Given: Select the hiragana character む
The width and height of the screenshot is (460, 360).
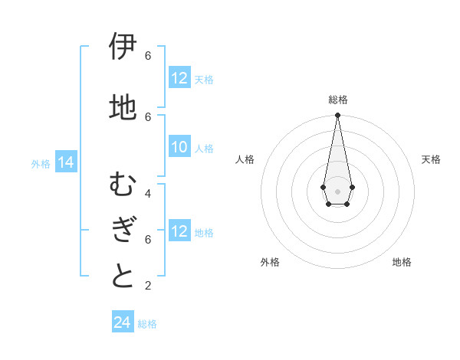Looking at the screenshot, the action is (x=123, y=185).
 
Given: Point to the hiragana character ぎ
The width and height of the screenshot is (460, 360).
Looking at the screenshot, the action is (x=123, y=231).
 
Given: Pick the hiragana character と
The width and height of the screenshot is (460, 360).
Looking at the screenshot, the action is (x=123, y=276).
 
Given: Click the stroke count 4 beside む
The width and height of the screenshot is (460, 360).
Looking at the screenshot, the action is (x=148, y=193).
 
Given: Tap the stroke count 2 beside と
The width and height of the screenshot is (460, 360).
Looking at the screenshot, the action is (x=148, y=286).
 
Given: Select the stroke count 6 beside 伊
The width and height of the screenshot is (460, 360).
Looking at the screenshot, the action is (x=148, y=56).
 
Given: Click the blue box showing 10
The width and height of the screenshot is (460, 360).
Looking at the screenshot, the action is (x=179, y=147).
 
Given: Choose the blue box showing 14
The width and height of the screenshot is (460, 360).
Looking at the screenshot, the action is (x=65, y=162).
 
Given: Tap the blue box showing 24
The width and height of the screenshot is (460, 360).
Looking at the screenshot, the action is (x=122, y=322).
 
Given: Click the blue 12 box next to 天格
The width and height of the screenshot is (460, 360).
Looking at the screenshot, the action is (x=179, y=78).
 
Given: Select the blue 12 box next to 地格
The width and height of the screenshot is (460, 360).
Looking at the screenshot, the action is (x=179, y=231).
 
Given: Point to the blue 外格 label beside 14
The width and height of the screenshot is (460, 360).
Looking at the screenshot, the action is (x=41, y=163).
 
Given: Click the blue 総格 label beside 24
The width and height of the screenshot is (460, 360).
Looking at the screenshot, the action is (x=147, y=323).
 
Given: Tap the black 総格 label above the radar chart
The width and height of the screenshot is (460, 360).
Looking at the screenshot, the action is (x=337, y=100).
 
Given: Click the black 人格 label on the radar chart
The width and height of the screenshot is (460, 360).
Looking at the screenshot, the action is (x=245, y=159).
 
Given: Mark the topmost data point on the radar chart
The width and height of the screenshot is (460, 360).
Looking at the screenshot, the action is (x=337, y=116).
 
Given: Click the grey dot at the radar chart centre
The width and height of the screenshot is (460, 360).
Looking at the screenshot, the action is (x=337, y=191).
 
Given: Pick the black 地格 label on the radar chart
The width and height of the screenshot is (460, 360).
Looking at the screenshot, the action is (x=402, y=262).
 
